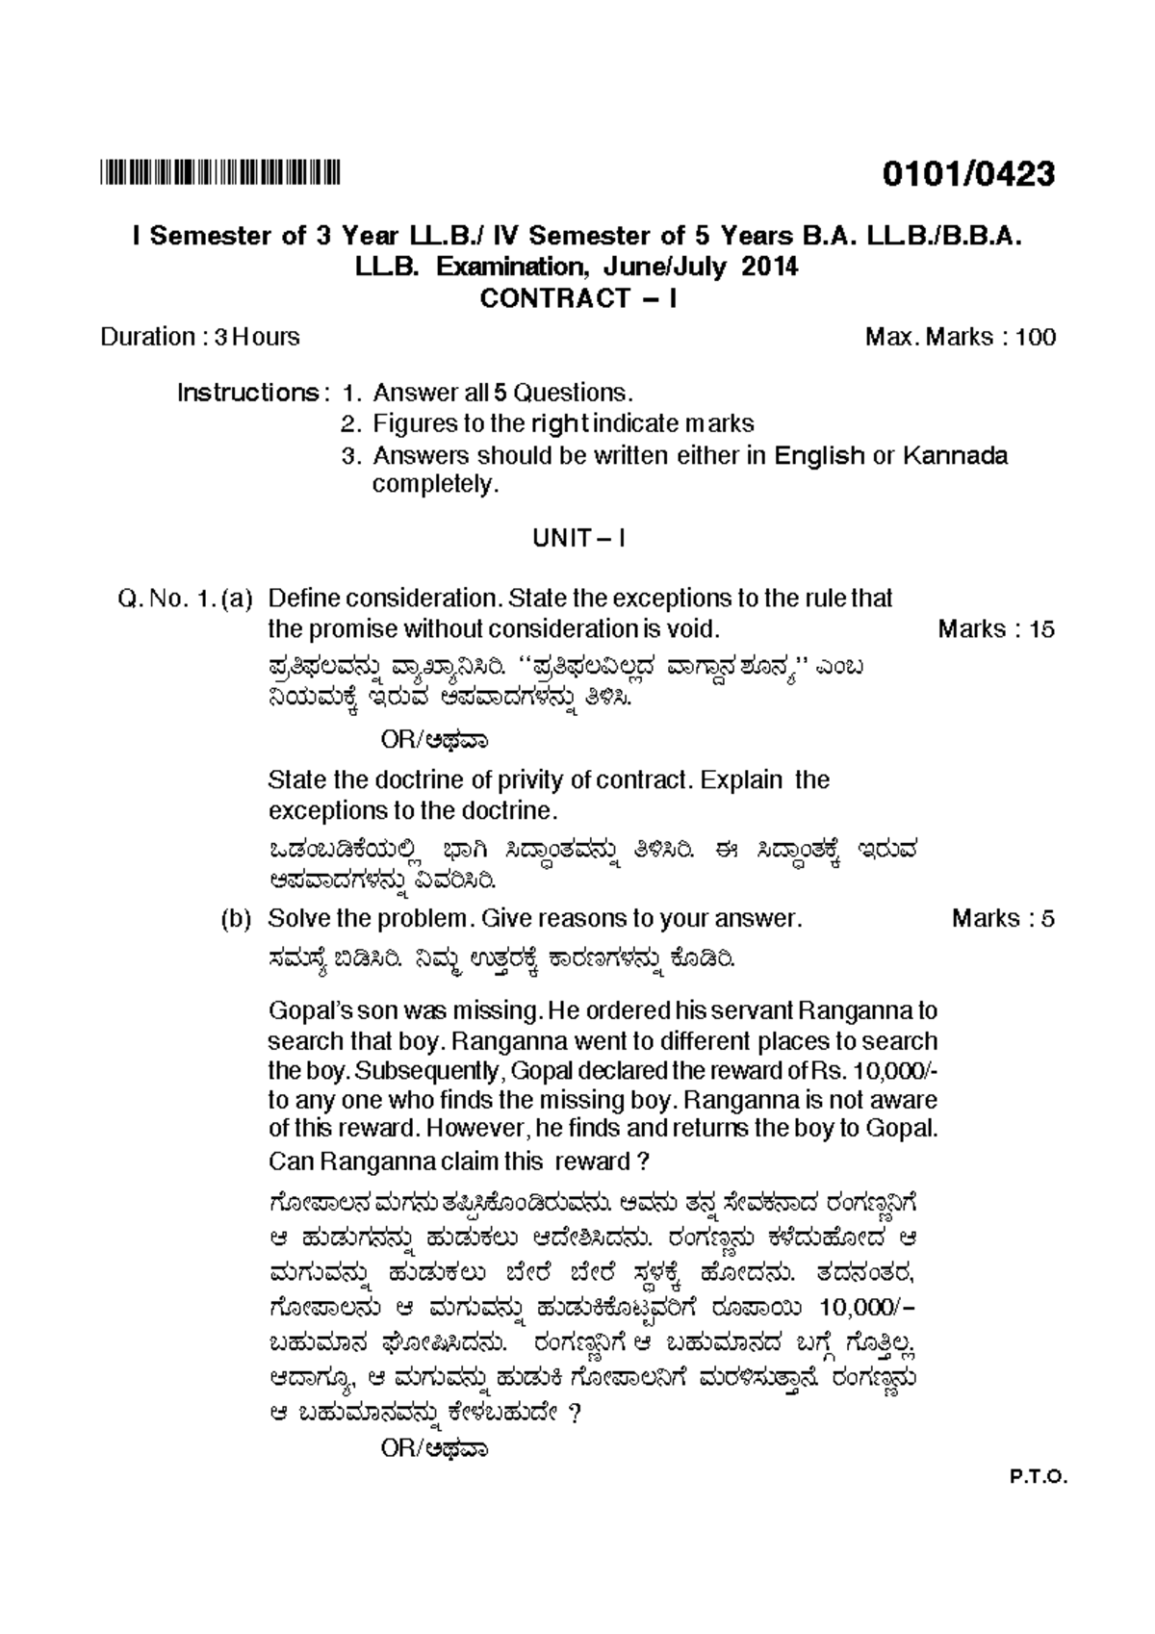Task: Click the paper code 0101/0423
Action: click(x=968, y=174)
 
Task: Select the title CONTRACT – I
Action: click(x=577, y=298)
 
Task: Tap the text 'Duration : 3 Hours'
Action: click(x=200, y=337)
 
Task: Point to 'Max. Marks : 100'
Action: click(x=960, y=337)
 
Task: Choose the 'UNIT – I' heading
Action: click(x=578, y=538)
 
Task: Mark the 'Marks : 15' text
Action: click(x=995, y=629)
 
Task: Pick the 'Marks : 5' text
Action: click(x=1002, y=919)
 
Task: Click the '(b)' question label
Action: click(x=236, y=919)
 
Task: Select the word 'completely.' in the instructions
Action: click(x=436, y=484)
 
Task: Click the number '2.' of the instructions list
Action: click(x=352, y=423)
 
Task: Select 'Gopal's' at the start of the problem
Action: click(x=304, y=1011)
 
